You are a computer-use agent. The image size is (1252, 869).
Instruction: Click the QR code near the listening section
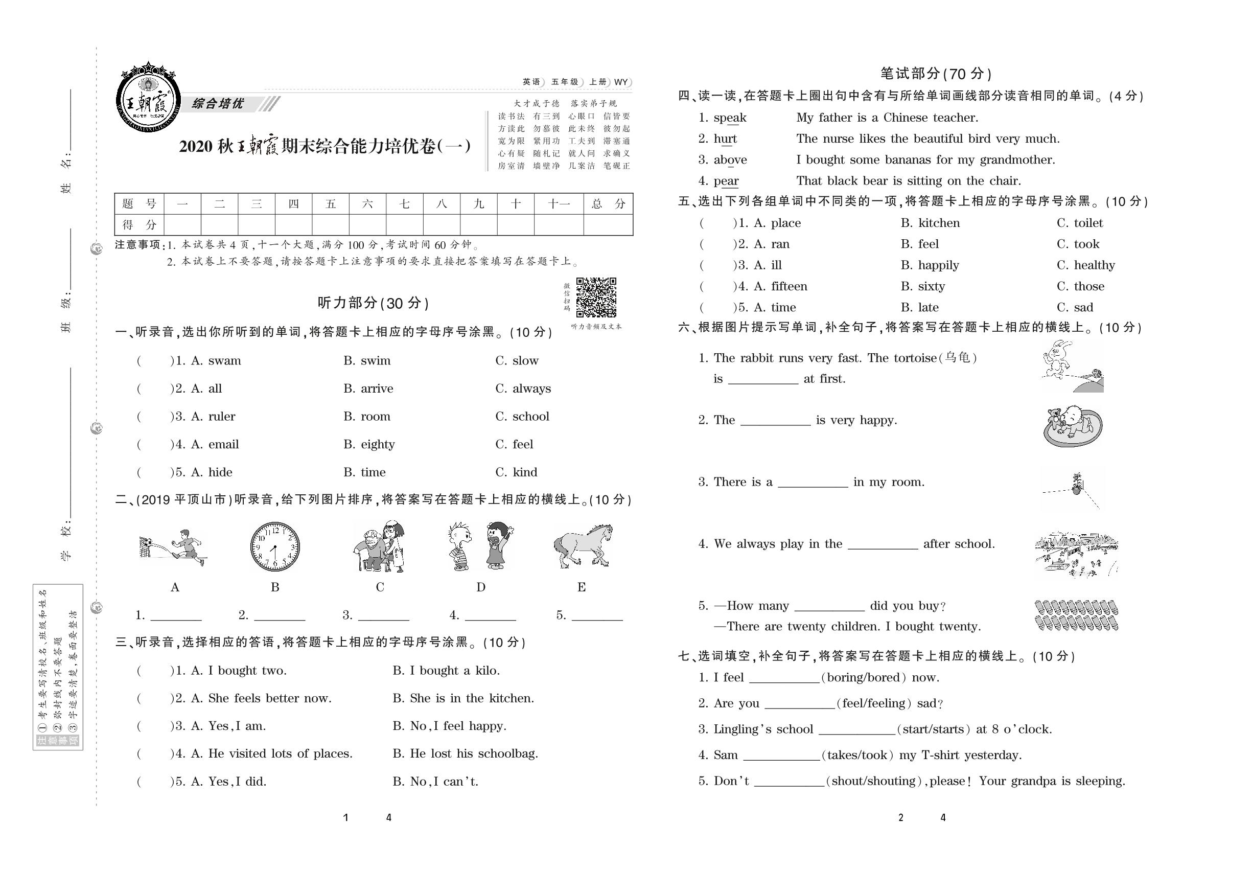[596, 298]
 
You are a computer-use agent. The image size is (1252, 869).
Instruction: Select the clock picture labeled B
[275, 546]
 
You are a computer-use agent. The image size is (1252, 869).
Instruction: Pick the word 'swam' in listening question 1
[224, 361]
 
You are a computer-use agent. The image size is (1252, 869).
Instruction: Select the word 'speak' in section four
[730, 118]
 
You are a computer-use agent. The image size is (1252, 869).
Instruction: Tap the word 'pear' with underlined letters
[726, 181]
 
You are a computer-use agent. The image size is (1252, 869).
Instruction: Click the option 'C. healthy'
[1085, 265]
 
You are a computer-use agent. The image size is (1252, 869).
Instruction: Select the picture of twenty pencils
[1076, 615]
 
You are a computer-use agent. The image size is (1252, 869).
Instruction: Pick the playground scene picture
[1076, 555]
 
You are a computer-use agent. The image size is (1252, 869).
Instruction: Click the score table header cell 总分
[608, 204]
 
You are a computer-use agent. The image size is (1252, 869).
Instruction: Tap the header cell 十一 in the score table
[559, 204]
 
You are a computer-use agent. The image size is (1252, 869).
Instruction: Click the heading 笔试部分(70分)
[936, 74]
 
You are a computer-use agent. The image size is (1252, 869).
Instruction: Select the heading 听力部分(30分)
[373, 303]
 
